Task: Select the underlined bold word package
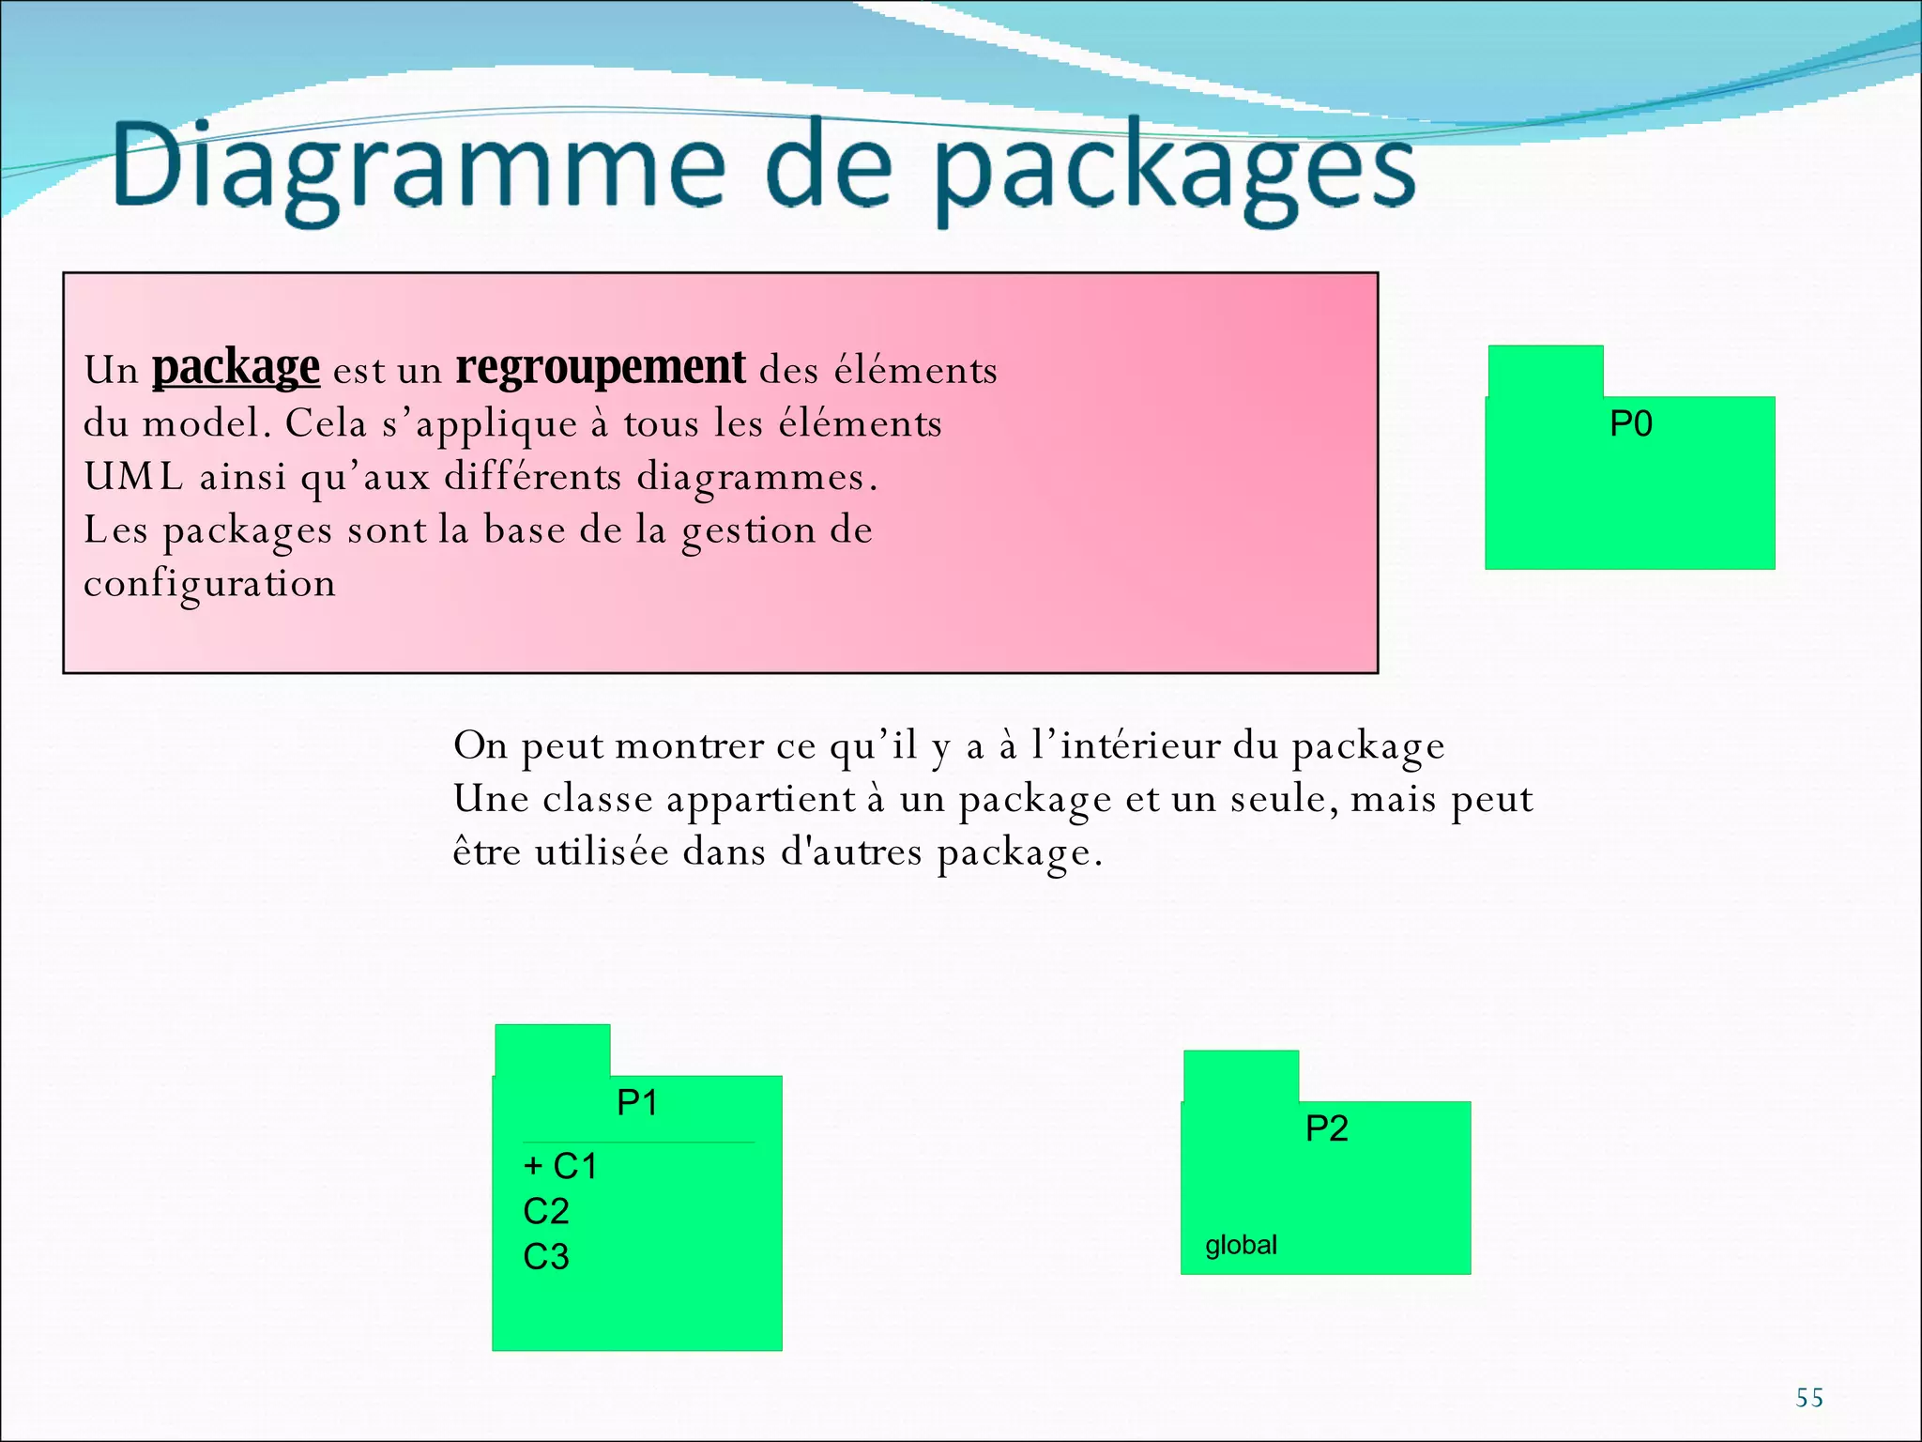[236, 368]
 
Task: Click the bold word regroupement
[601, 368]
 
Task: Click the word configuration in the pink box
[209, 584]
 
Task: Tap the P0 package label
[1631, 424]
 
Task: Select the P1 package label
[637, 1102]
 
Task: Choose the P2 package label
[1327, 1128]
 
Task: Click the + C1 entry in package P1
[560, 1166]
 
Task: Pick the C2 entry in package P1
[546, 1212]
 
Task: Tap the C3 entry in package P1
[546, 1257]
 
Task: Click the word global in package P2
[1241, 1246]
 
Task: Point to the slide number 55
[1809, 1398]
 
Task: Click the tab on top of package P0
[1545, 371]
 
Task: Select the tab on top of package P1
[552, 1050]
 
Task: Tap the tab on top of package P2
[1241, 1076]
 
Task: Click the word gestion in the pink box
[748, 531]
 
